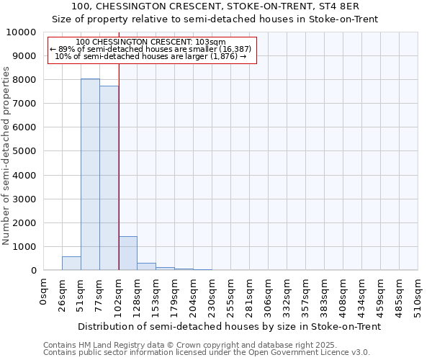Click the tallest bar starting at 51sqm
coord(90,174)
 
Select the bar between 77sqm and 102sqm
coord(109,178)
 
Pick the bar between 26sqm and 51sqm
coord(71,264)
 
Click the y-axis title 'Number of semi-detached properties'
coord(7,156)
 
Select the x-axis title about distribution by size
coord(229,326)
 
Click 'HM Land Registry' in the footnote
coord(107,345)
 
